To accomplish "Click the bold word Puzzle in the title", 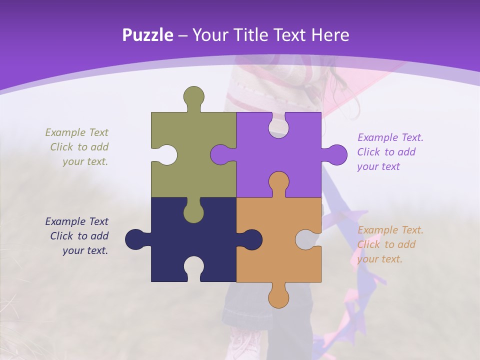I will pyautogui.click(x=148, y=35).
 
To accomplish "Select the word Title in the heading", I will pyautogui.click(x=256, y=35).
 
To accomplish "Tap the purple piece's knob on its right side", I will pyautogui.click(x=335, y=154).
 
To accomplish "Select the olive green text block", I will pyautogui.click(x=77, y=147).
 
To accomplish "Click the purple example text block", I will pyautogui.click(x=390, y=152).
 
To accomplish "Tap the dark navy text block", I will pyautogui.click(x=77, y=236).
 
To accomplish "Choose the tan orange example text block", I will pyautogui.click(x=390, y=244).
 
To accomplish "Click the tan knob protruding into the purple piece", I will pyautogui.click(x=278, y=182).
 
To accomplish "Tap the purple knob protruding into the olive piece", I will pyautogui.click(x=221, y=154).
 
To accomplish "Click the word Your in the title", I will pyautogui.click(x=212, y=35).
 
